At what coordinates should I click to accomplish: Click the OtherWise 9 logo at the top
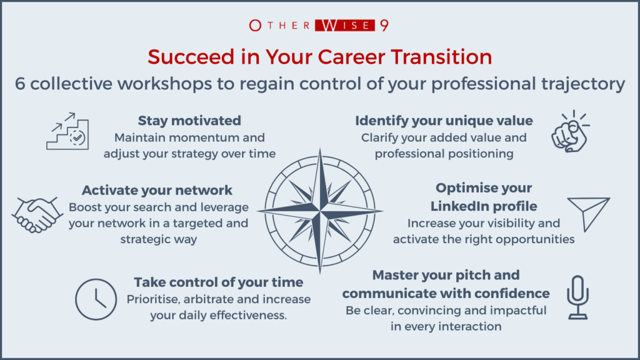[x=319, y=26]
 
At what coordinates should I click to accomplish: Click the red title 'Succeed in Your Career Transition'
[x=319, y=57]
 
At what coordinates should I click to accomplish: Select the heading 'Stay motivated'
[x=189, y=121]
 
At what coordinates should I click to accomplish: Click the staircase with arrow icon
[x=67, y=131]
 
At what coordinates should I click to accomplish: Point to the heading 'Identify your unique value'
[x=444, y=121]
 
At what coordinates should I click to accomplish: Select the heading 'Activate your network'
[x=157, y=190]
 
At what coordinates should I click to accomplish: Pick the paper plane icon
[x=587, y=213]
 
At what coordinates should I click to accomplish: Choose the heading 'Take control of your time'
[x=219, y=281]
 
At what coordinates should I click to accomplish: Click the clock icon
[x=96, y=299]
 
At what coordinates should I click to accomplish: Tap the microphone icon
[x=577, y=297]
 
